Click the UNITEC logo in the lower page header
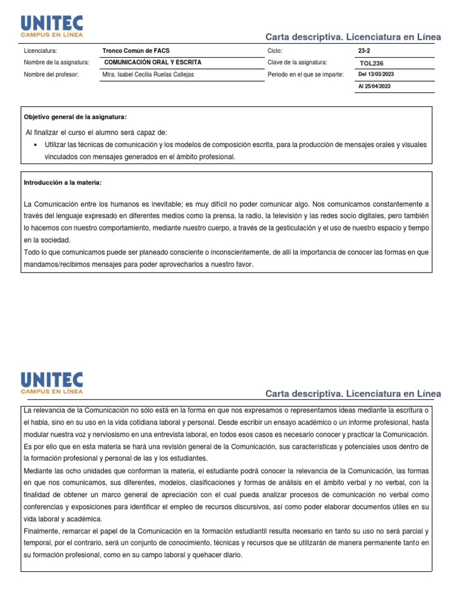pyautogui.click(x=52, y=383)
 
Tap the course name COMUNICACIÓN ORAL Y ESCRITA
pyautogui.click(x=153, y=62)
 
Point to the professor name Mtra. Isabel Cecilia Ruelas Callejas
pyautogui.click(x=148, y=74)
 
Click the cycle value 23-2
pyautogui.click(x=364, y=51)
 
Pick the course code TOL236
pyautogui.click(x=372, y=63)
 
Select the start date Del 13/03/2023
pyautogui.click(x=376, y=74)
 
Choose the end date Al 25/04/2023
pyautogui.click(x=374, y=86)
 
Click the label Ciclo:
pyautogui.click(x=275, y=51)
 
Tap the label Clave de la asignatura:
pyautogui.click(x=297, y=62)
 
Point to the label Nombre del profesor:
pyautogui.click(x=52, y=74)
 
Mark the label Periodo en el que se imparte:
pyautogui.click(x=306, y=74)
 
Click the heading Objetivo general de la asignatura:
pyautogui.click(x=75, y=117)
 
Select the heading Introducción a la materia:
pyautogui.click(x=67, y=182)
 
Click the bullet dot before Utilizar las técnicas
pyautogui.click(x=37, y=145)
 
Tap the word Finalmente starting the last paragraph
pyautogui.click(x=42, y=532)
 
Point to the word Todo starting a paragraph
pyautogui.click(x=31, y=253)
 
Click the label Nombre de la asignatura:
pyautogui.click(x=56, y=62)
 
